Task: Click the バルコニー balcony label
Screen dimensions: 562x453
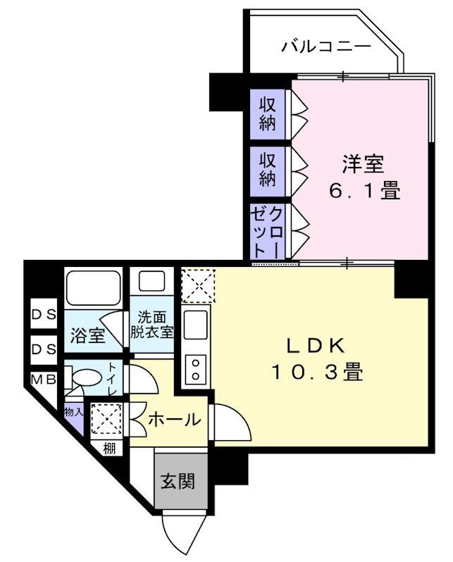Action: click(325, 48)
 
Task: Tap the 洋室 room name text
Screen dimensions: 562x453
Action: click(363, 165)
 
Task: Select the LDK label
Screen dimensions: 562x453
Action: click(315, 346)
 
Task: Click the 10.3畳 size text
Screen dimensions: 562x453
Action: click(317, 372)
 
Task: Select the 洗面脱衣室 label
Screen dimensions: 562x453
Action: click(151, 325)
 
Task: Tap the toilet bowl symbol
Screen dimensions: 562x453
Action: click(83, 377)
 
